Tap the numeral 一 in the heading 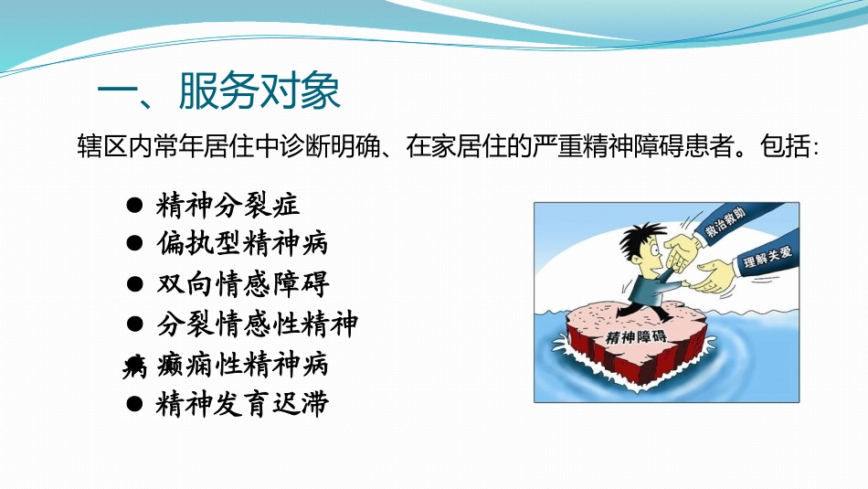[x=117, y=91]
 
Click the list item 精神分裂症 [x=228, y=206]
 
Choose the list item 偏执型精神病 [x=242, y=245]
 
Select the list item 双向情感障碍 [x=242, y=284]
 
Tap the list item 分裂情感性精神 [x=257, y=324]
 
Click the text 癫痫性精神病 [x=242, y=365]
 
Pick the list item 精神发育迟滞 [x=242, y=404]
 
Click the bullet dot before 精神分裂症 [x=133, y=207]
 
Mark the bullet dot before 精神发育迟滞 [x=133, y=405]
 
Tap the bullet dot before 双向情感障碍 [x=133, y=285]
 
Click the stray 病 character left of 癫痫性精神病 [x=134, y=367]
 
